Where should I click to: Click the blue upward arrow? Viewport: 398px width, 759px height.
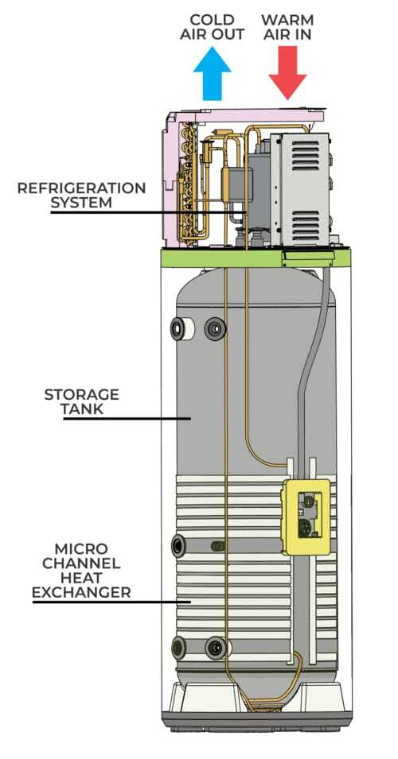212,74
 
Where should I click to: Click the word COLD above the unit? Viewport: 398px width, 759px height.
213,21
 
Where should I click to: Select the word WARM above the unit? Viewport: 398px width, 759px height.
287,21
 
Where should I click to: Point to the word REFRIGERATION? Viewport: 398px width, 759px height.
81,188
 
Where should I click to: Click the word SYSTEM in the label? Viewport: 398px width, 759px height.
81,203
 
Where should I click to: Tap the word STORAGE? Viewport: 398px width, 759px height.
81,394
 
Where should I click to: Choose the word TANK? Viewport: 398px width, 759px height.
81,409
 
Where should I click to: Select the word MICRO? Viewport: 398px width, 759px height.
81,549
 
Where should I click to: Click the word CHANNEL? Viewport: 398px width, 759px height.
81,563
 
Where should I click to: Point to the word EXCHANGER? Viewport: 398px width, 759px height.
81,592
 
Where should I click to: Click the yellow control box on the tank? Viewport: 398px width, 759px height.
308,517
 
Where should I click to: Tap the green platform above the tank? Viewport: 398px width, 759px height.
256,258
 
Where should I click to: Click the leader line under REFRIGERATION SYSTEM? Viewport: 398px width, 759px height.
149,212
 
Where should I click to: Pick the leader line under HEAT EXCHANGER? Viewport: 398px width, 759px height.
111,602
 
